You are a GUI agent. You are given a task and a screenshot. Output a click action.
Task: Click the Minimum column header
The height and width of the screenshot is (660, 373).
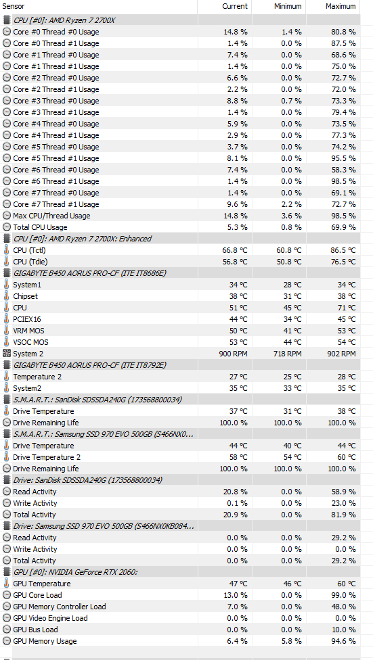[x=288, y=6]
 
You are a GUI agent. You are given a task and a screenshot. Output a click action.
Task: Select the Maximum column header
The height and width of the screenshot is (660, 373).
[x=341, y=6]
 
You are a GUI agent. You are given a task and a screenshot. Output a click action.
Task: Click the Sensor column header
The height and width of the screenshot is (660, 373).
[x=14, y=6]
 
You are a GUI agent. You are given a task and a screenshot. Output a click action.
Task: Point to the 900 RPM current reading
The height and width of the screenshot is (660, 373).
[x=233, y=354]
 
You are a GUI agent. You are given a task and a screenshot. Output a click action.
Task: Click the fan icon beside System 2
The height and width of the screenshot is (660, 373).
[x=6, y=354]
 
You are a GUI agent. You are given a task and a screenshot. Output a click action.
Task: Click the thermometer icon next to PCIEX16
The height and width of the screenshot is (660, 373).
[x=6, y=319]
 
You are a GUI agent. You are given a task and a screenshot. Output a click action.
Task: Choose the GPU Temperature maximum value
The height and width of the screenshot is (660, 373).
[x=346, y=584]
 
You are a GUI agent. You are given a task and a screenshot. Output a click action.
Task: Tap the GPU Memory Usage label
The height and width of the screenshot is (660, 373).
[x=45, y=641]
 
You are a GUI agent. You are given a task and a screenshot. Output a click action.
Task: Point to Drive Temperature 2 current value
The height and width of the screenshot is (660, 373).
[x=238, y=457]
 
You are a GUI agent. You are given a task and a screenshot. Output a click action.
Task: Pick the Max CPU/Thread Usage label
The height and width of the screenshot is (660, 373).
[x=51, y=216]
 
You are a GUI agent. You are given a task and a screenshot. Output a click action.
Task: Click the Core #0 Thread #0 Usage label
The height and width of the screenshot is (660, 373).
[x=56, y=32]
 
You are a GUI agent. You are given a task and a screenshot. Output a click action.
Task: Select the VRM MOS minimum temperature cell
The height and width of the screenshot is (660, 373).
[x=292, y=331]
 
